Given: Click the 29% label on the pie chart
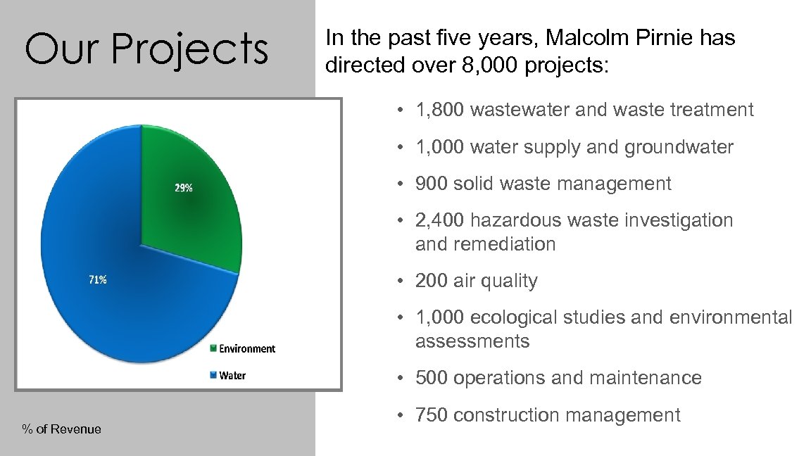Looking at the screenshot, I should tap(184, 188).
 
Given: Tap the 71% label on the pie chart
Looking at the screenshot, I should tap(97, 279).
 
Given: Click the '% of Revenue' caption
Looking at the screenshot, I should tap(62, 429).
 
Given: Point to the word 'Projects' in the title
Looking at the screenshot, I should tap(189, 49).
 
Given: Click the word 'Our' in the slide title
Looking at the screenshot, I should tap(57, 49).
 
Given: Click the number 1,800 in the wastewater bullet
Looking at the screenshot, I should tap(440, 110).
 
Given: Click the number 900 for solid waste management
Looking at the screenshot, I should tap(430, 184).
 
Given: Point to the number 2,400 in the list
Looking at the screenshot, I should tap(440, 220).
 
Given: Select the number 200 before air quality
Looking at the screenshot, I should tap(430, 281).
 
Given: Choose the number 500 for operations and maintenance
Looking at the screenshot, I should tap(430, 378).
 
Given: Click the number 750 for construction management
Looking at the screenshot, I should tap(430, 415).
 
